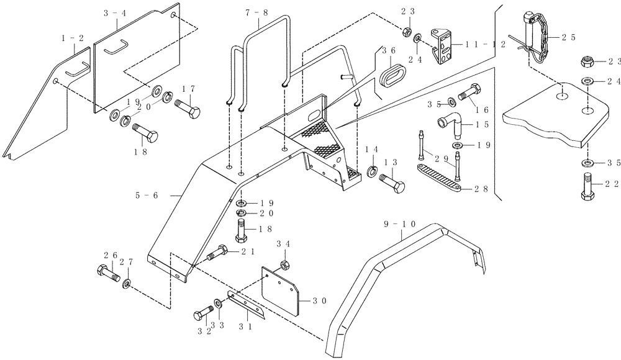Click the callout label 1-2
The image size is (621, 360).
[x=72, y=38]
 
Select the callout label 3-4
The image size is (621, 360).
[x=114, y=12]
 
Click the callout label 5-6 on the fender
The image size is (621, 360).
[x=147, y=195]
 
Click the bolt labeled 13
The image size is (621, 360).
[x=391, y=184]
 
